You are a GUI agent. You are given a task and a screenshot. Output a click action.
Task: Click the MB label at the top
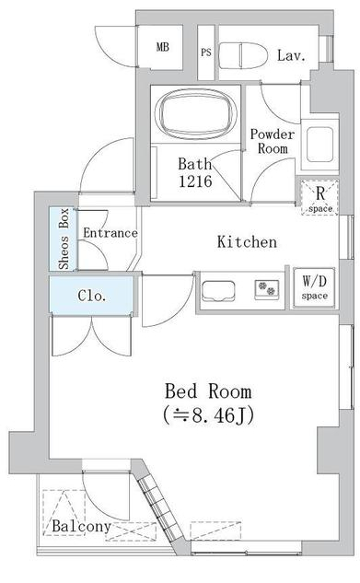[x=162, y=47]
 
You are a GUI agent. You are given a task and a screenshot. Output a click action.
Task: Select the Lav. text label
[x=291, y=55]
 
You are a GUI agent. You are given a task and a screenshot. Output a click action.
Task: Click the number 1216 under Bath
[x=195, y=181]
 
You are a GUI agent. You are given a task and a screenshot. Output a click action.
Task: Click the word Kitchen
[x=247, y=242]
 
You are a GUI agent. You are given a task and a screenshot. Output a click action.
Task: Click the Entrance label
[x=110, y=233]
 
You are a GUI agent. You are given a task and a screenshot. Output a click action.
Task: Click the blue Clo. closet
[x=92, y=296]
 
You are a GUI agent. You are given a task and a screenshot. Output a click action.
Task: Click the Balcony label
[x=81, y=527]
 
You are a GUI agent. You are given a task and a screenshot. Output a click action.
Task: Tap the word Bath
[x=195, y=164]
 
